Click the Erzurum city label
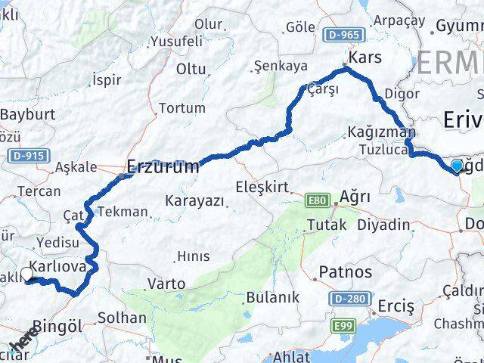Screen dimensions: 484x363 (x=163, y=166)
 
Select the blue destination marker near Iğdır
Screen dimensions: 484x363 (x=457, y=166)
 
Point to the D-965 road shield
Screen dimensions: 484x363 (x=342, y=35)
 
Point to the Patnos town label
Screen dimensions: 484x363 (x=346, y=271)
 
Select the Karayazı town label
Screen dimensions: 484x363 (x=195, y=201)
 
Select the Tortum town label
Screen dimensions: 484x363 (x=182, y=108)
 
